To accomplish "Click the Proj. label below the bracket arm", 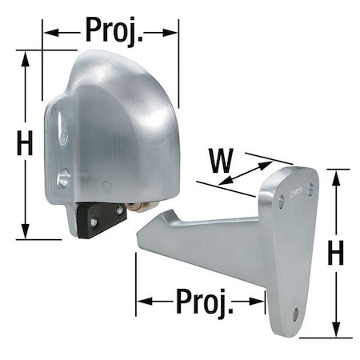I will coord(201,303).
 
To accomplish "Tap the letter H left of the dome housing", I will coord(25,144).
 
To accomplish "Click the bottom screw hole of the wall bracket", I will coord(295,314).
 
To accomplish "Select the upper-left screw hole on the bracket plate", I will coord(281,203).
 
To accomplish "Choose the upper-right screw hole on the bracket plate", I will coord(310,192).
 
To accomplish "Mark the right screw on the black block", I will coord(119,210).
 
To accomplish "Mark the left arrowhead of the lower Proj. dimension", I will coord(142,302).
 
